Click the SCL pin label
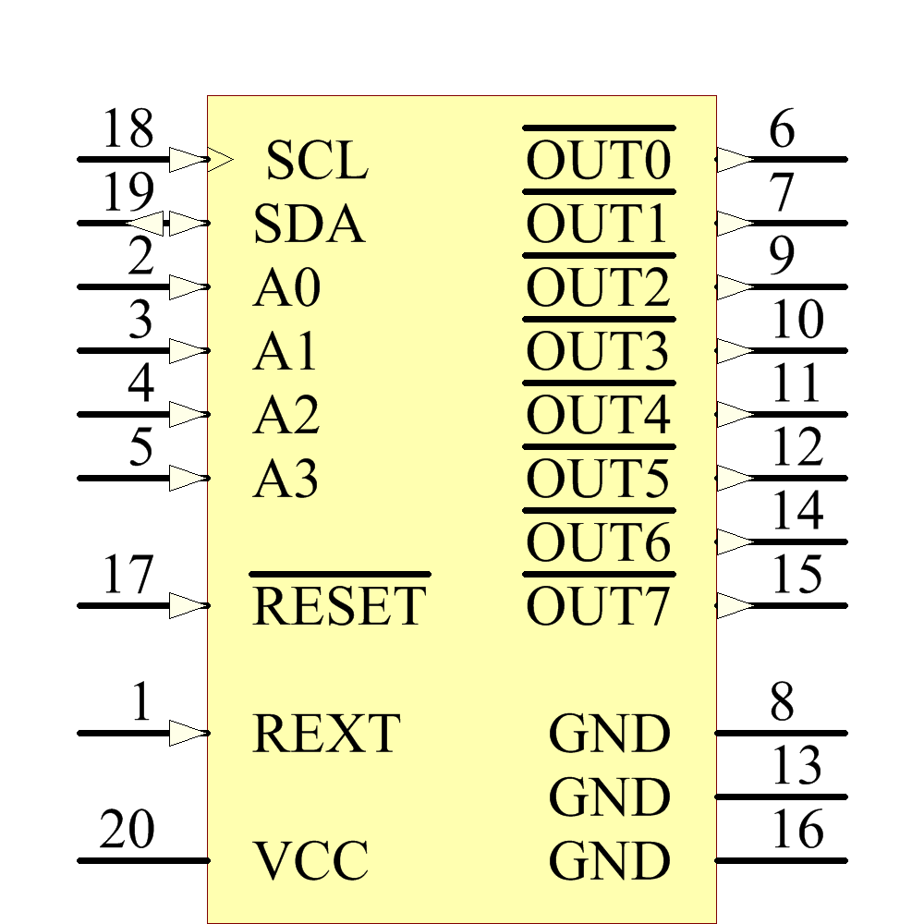pyautogui.click(x=317, y=161)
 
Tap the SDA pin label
pyautogui.click(x=309, y=225)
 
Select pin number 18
pyautogui.click(x=128, y=129)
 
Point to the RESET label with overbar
pyautogui.click(x=339, y=605)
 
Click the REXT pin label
pyautogui.click(x=326, y=734)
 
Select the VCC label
pyautogui.click(x=310, y=860)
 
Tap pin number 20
pyautogui.click(x=127, y=830)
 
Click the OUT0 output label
pyautogui.click(x=598, y=161)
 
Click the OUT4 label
pyautogui.click(x=598, y=416)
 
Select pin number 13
pyautogui.click(x=797, y=766)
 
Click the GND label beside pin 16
pyautogui.click(x=609, y=861)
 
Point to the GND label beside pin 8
pyautogui.click(x=609, y=735)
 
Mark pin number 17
pyautogui.click(x=128, y=576)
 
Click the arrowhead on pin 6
pyautogui.click(x=736, y=159)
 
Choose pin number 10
pyautogui.click(x=797, y=321)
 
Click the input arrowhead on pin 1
pyautogui.click(x=188, y=734)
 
